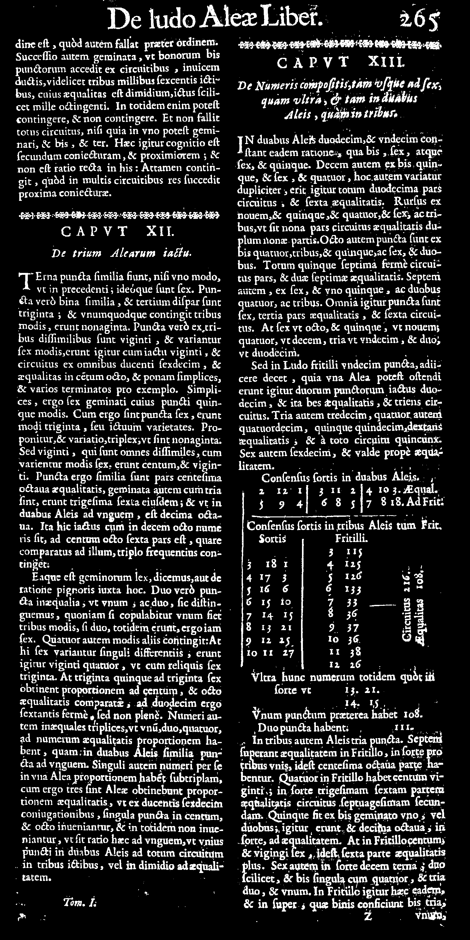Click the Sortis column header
[272, 539]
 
